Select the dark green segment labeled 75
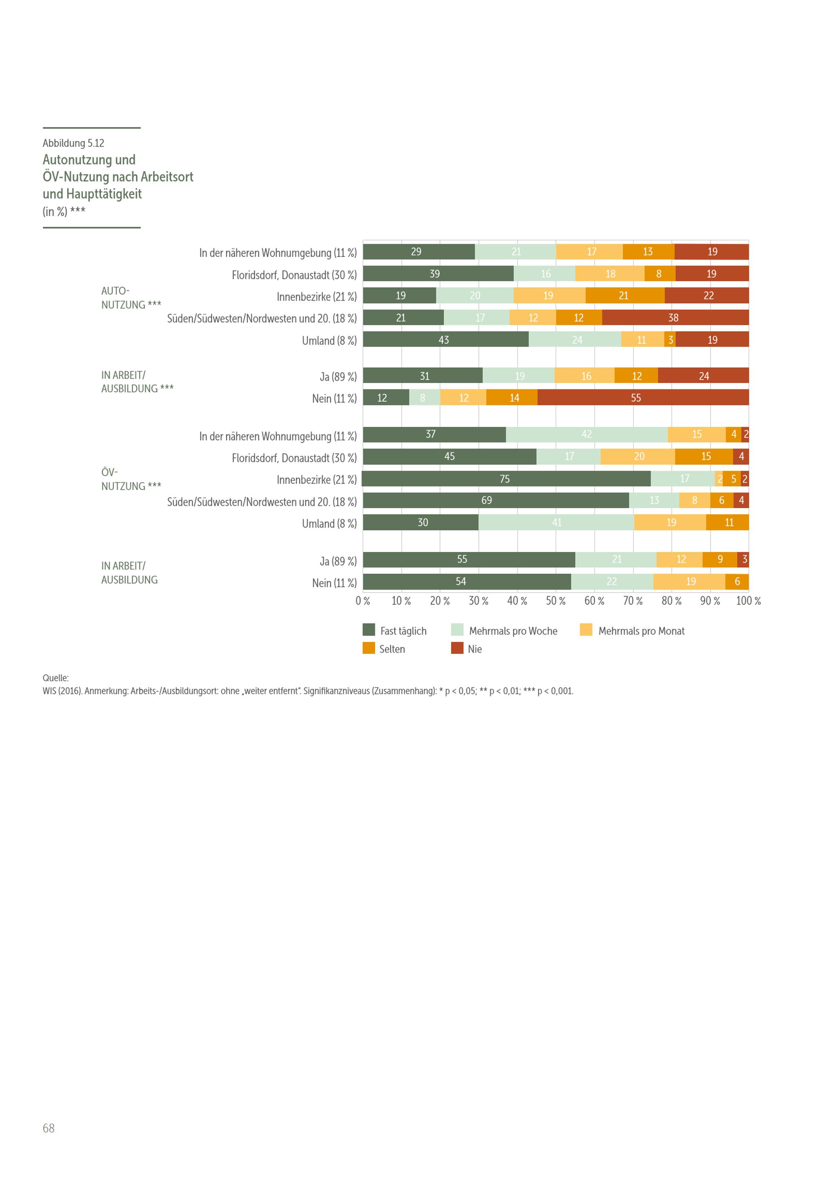[x=506, y=479]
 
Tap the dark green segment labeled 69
[x=496, y=500]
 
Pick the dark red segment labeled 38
[x=675, y=317]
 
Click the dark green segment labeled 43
[x=446, y=339]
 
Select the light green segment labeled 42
[x=587, y=434]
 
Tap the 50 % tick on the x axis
[x=556, y=601]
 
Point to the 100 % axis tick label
[x=749, y=601]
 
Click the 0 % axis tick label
[x=363, y=601]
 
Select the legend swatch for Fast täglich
[x=369, y=630]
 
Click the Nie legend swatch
[x=457, y=648]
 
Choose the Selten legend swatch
[x=369, y=648]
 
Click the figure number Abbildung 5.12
[x=73, y=143]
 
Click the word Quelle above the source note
[x=56, y=678]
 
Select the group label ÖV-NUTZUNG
[x=131, y=479]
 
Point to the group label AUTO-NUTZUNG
[x=131, y=298]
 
